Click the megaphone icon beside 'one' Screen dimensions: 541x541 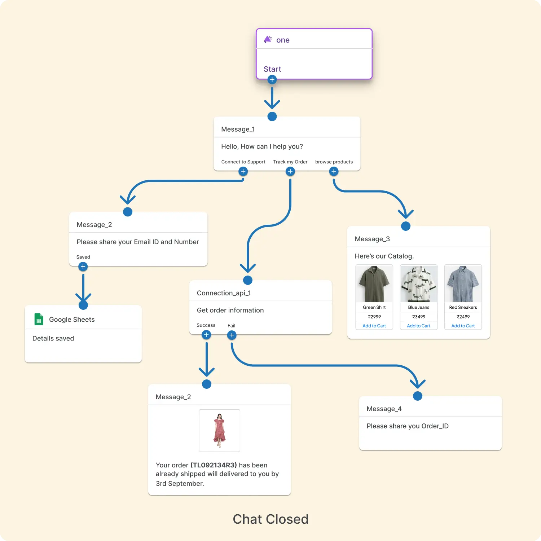click(x=268, y=39)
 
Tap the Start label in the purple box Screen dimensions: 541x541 click(x=272, y=69)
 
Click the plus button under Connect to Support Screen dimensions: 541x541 click(x=243, y=171)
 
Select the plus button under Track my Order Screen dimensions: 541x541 click(x=290, y=171)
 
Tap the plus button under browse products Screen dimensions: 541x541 click(x=334, y=171)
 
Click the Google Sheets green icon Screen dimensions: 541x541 click(x=39, y=319)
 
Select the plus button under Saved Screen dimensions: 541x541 click(x=83, y=267)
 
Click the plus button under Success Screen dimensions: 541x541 click(x=206, y=335)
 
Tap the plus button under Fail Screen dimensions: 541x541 click(x=232, y=335)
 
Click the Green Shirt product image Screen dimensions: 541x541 click(x=374, y=284)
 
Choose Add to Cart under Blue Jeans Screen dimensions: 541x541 click(x=418, y=326)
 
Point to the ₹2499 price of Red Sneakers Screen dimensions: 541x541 click(x=463, y=317)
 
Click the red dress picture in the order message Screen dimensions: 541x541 click(x=219, y=430)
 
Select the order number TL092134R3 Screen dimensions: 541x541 click(x=214, y=465)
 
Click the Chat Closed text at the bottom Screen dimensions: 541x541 click(x=270, y=519)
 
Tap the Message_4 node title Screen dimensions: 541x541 click(x=384, y=409)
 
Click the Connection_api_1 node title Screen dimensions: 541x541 click(x=224, y=293)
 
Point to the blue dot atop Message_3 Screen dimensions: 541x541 click(x=406, y=226)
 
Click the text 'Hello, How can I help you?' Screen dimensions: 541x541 click(x=262, y=146)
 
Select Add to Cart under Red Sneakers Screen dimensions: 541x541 click(x=463, y=326)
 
